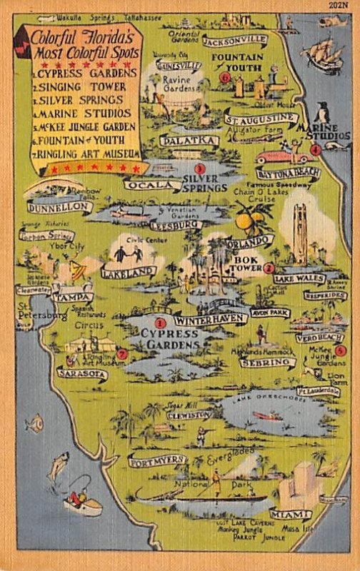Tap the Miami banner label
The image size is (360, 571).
(x=290, y=514)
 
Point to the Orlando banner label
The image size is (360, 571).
(x=251, y=241)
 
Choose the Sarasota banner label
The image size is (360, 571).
(x=82, y=373)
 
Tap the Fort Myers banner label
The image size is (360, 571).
(x=157, y=461)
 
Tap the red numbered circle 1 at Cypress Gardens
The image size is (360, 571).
(x=160, y=323)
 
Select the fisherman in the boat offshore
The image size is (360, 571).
(x=80, y=500)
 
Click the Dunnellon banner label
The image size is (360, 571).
(x=60, y=207)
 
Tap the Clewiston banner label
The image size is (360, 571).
(x=189, y=414)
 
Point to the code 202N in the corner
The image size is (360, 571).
(x=341, y=6)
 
